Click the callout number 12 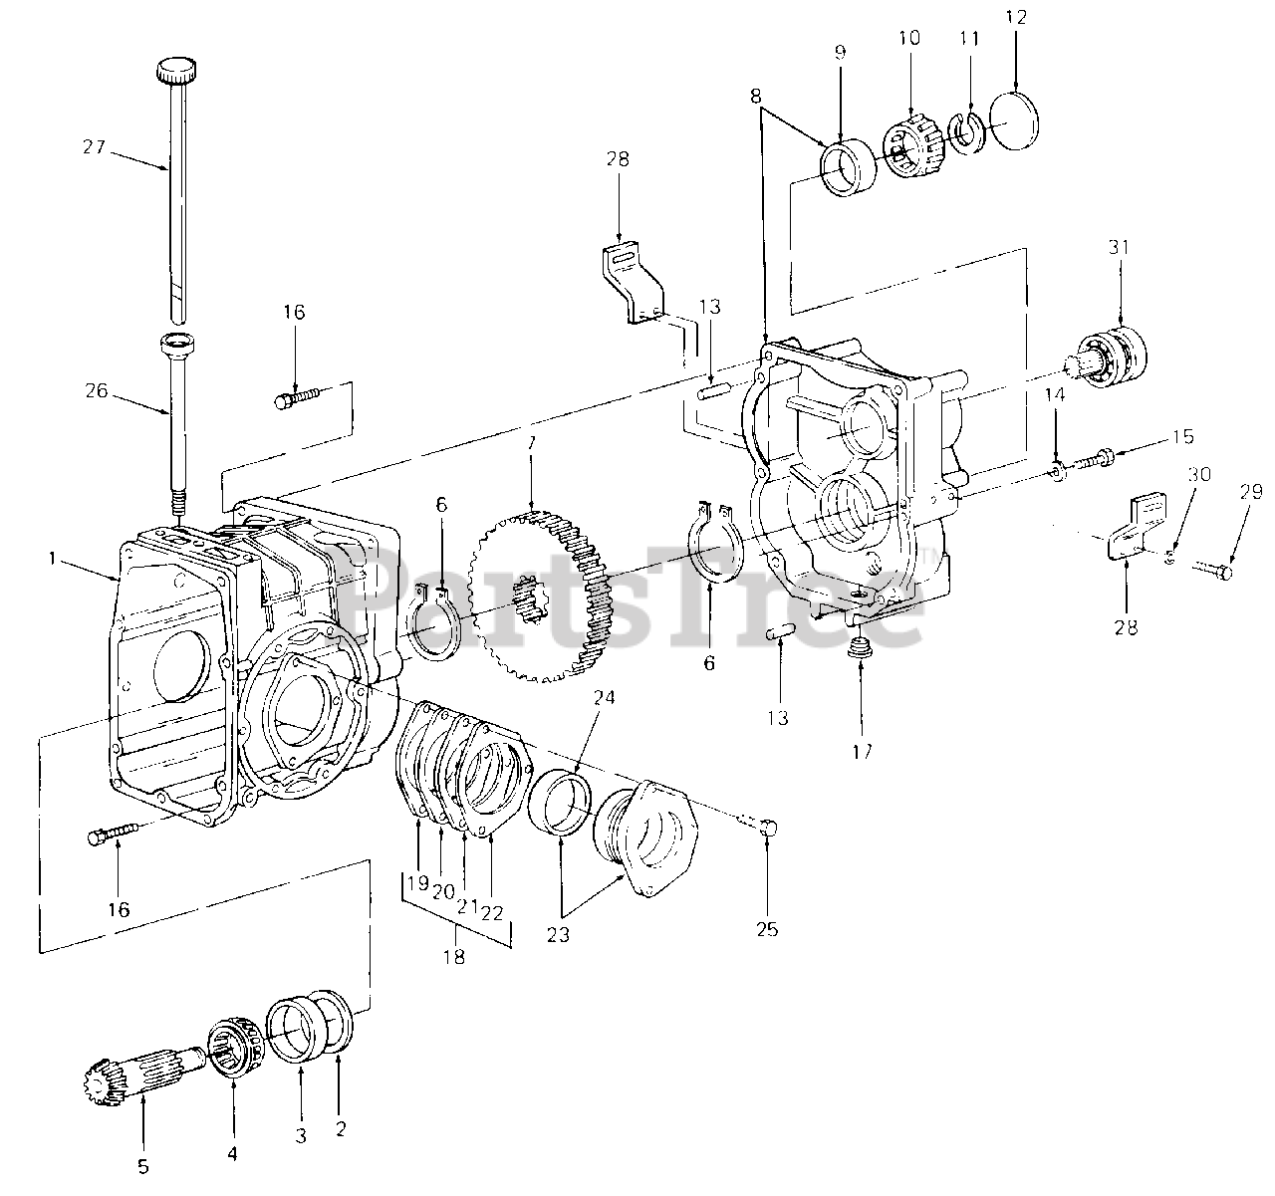(x=1014, y=17)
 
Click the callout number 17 (x=862, y=752)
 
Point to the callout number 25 (x=767, y=930)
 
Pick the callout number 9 (x=839, y=51)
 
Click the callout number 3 (x=301, y=1134)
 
